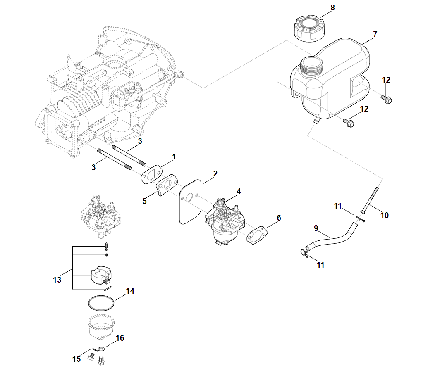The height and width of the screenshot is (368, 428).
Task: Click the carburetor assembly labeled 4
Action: coord(225,219)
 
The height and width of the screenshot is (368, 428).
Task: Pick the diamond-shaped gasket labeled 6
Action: coord(258,235)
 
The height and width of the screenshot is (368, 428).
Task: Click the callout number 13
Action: coord(57,280)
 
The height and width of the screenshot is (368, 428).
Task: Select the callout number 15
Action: coord(77,359)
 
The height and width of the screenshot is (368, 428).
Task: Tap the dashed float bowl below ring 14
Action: coord(101,326)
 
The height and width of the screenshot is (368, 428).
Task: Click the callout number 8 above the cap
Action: coord(333,7)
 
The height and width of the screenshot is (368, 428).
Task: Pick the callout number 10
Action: coord(384,215)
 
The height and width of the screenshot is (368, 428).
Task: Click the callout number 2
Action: coord(215,173)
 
